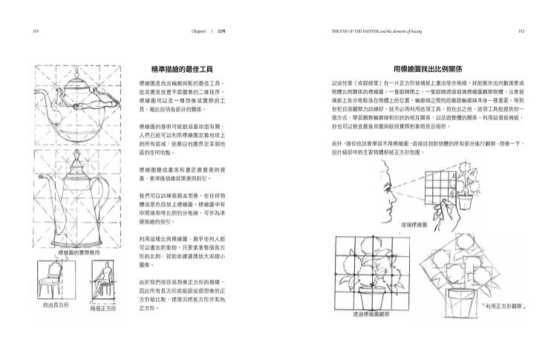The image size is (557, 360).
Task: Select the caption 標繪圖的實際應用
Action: pos(79,253)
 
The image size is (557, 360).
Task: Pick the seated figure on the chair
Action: pos(103,278)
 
